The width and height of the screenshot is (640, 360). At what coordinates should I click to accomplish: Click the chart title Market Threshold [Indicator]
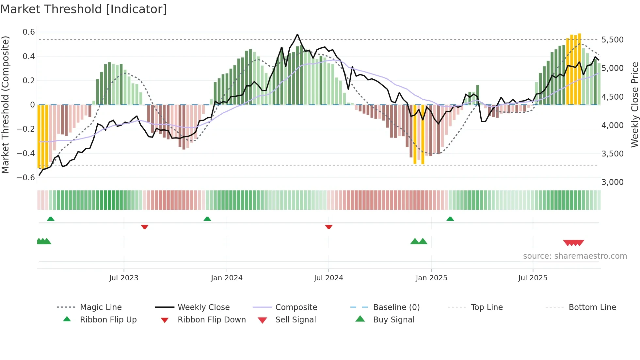pyautogui.click(x=84, y=9)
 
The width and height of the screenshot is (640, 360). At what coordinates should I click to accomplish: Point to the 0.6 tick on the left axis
pyautogui.click(x=29, y=32)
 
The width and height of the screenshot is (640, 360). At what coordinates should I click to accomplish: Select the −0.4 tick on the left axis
pyautogui.click(x=26, y=153)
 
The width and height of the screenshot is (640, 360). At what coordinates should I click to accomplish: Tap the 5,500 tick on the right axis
pyautogui.click(x=612, y=40)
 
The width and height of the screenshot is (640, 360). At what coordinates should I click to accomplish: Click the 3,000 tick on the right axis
pyautogui.click(x=612, y=182)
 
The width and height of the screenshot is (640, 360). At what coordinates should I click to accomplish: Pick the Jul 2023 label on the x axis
pyautogui.click(x=124, y=278)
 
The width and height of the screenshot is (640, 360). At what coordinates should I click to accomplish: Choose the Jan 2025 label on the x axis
pyautogui.click(x=431, y=278)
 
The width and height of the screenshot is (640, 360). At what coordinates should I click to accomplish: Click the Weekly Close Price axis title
pyautogui.click(x=634, y=105)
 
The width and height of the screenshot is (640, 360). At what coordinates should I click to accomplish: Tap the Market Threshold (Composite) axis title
pyautogui.click(x=5, y=105)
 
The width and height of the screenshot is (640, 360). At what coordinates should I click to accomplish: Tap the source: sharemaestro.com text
pyautogui.click(x=575, y=256)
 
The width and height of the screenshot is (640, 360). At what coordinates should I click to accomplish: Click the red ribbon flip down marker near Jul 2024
pyautogui.click(x=329, y=227)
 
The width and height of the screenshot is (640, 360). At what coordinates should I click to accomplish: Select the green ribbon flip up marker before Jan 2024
pyautogui.click(x=207, y=219)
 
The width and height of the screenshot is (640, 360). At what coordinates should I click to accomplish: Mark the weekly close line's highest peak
pyautogui.click(x=297, y=34)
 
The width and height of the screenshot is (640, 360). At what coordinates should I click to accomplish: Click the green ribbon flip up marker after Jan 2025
pyautogui.click(x=450, y=219)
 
